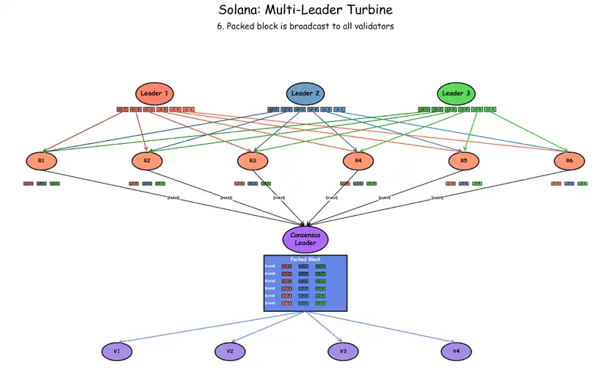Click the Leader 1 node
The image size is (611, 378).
(155, 93)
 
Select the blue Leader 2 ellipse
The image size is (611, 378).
(305, 93)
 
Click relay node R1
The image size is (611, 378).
(42, 160)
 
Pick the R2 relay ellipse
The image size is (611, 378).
(147, 160)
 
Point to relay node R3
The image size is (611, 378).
(253, 160)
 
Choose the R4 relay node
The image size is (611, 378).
(358, 160)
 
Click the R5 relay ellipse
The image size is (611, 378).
(463, 160)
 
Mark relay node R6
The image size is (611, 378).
(569, 160)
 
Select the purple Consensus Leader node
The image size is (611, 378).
(305, 239)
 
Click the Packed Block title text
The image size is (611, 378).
(305, 259)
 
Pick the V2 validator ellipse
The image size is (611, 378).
(230, 352)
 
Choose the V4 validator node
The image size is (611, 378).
(456, 352)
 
